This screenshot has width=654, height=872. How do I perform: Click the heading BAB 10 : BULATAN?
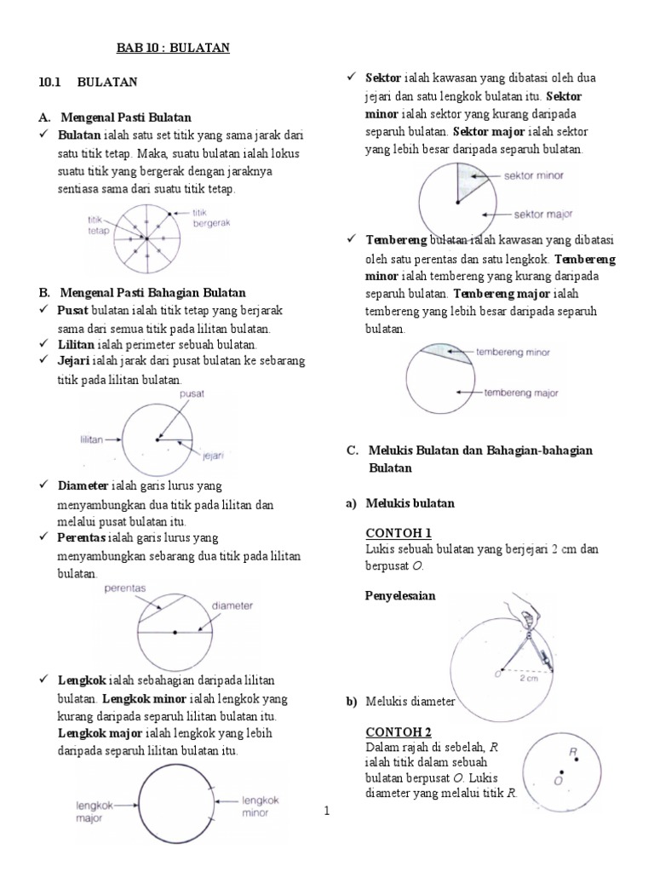coord(173,49)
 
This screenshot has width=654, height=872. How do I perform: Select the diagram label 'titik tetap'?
coord(98,225)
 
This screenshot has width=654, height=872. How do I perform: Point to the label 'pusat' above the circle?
coord(192,394)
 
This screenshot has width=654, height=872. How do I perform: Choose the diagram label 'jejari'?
coord(212,456)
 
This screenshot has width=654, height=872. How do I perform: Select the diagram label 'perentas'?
coord(125,588)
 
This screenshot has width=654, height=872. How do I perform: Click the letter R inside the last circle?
coord(574,751)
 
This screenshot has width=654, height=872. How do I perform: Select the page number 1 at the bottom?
coord(326,812)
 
